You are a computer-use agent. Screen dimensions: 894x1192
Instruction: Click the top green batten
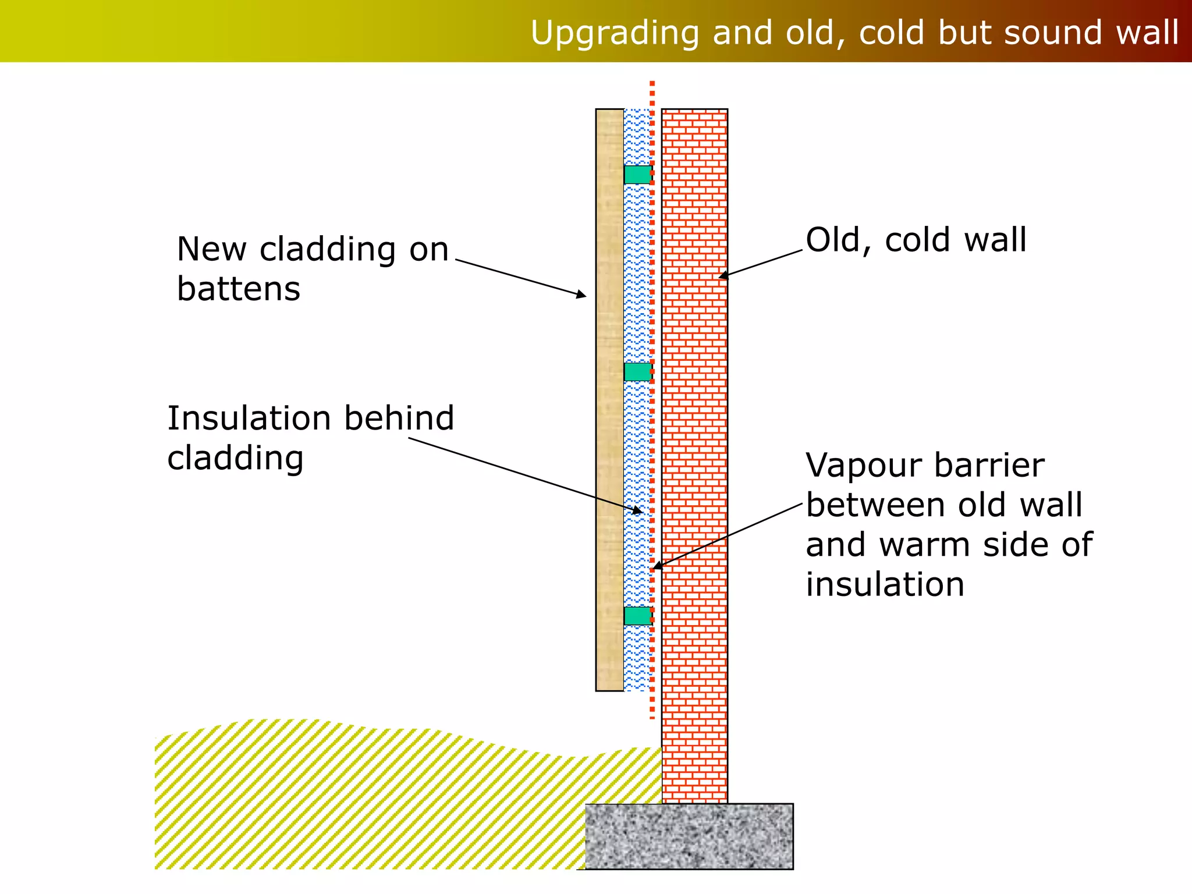coord(638,175)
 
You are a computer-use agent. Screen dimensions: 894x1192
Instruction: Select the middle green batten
coord(638,372)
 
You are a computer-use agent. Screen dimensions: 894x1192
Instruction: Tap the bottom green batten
coord(638,616)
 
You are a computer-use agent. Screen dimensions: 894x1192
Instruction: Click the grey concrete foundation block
coord(689,836)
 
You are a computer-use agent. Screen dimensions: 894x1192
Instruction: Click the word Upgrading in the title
coord(615,33)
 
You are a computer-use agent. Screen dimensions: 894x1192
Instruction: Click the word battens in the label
coord(239,289)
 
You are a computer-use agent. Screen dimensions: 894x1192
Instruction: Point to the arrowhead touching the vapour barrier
coord(657,565)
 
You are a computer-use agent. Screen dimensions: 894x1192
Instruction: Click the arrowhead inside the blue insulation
coord(638,511)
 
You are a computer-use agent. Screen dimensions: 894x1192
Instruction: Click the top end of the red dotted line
coord(652,84)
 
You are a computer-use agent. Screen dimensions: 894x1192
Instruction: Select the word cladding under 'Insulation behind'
coord(235,459)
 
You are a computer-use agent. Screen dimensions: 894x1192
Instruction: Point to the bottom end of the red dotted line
coord(652,716)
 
